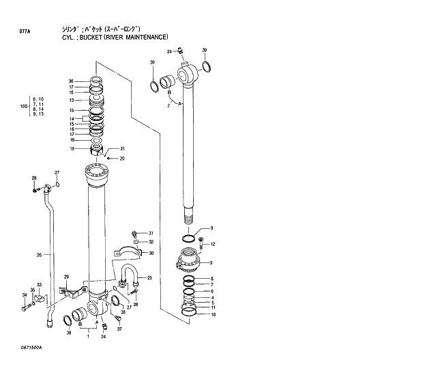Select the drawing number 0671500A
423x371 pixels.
pyautogui.click(x=26, y=348)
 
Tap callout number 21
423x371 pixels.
pyautogui.click(x=123, y=149)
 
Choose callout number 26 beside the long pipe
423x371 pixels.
pyautogui.click(x=40, y=256)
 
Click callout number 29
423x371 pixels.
pyautogui.click(x=66, y=277)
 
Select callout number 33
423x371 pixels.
pyautogui.click(x=39, y=285)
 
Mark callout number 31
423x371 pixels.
pyautogui.click(x=151, y=234)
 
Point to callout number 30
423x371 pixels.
pyautogui.click(x=151, y=253)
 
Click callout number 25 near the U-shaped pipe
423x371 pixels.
pyautogui.click(x=149, y=277)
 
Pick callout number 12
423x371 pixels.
pyautogui.click(x=212, y=244)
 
